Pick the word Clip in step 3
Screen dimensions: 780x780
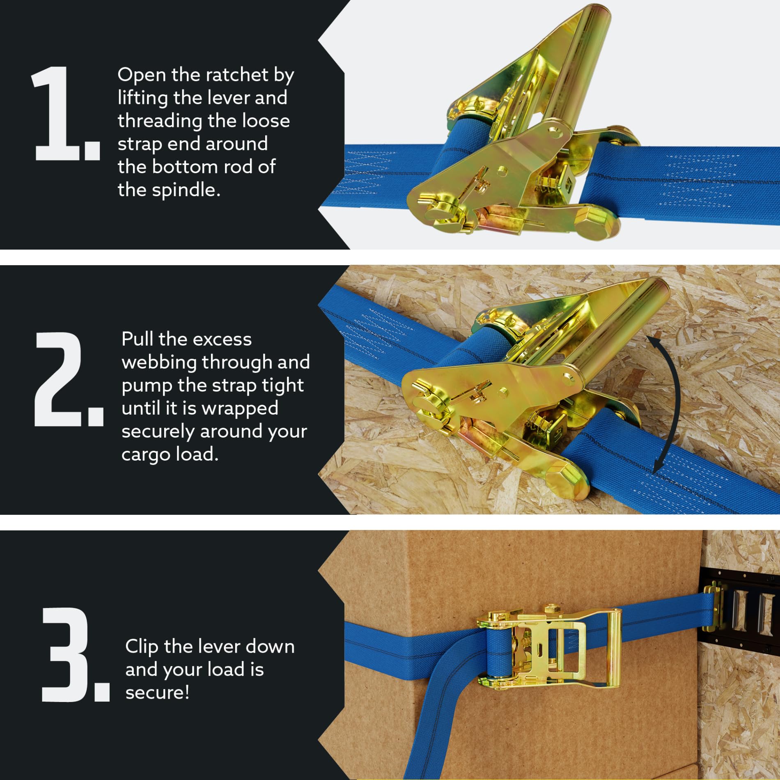tap(142, 647)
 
